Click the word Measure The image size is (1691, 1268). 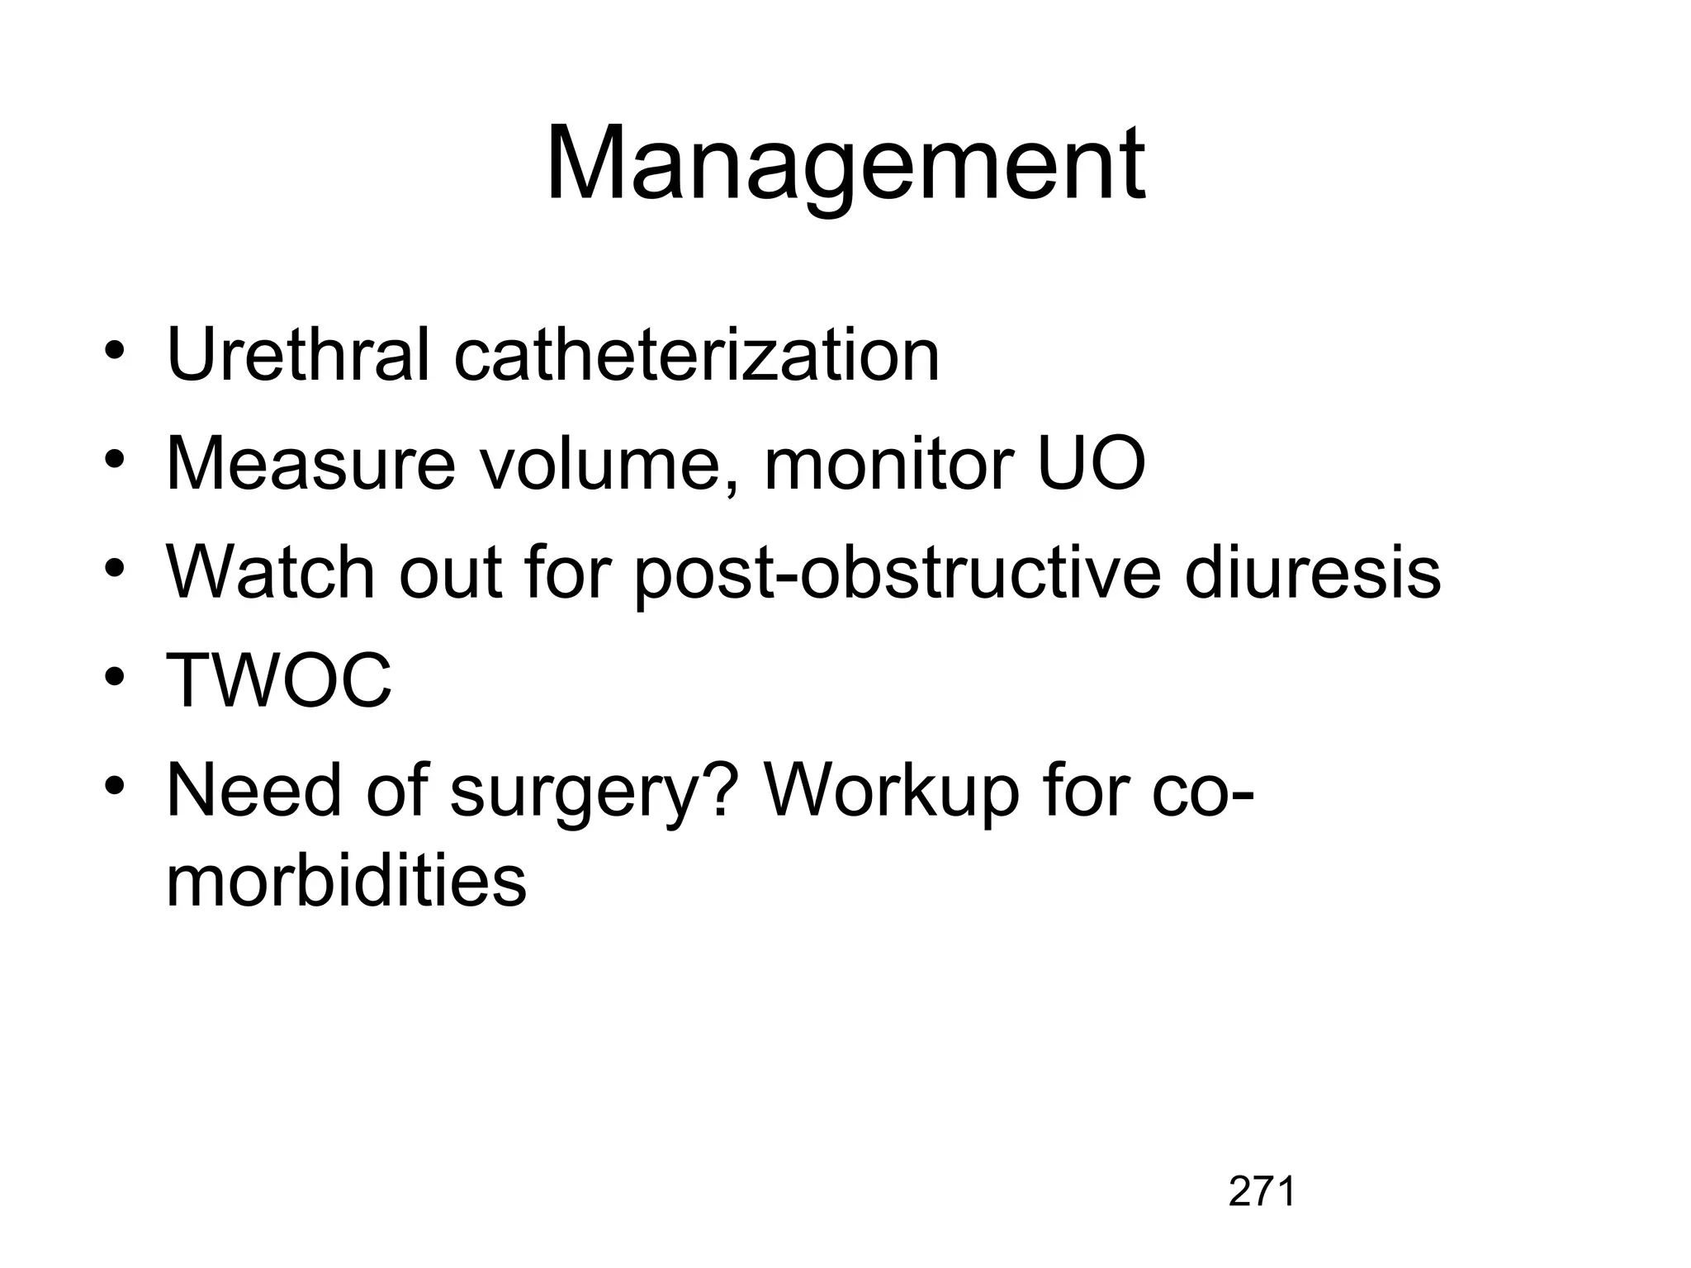click(310, 464)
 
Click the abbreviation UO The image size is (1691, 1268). click(1089, 464)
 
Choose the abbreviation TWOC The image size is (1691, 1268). click(279, 681)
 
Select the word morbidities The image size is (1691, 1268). click(346, 882)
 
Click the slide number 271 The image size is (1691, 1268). click(1262, 1191)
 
